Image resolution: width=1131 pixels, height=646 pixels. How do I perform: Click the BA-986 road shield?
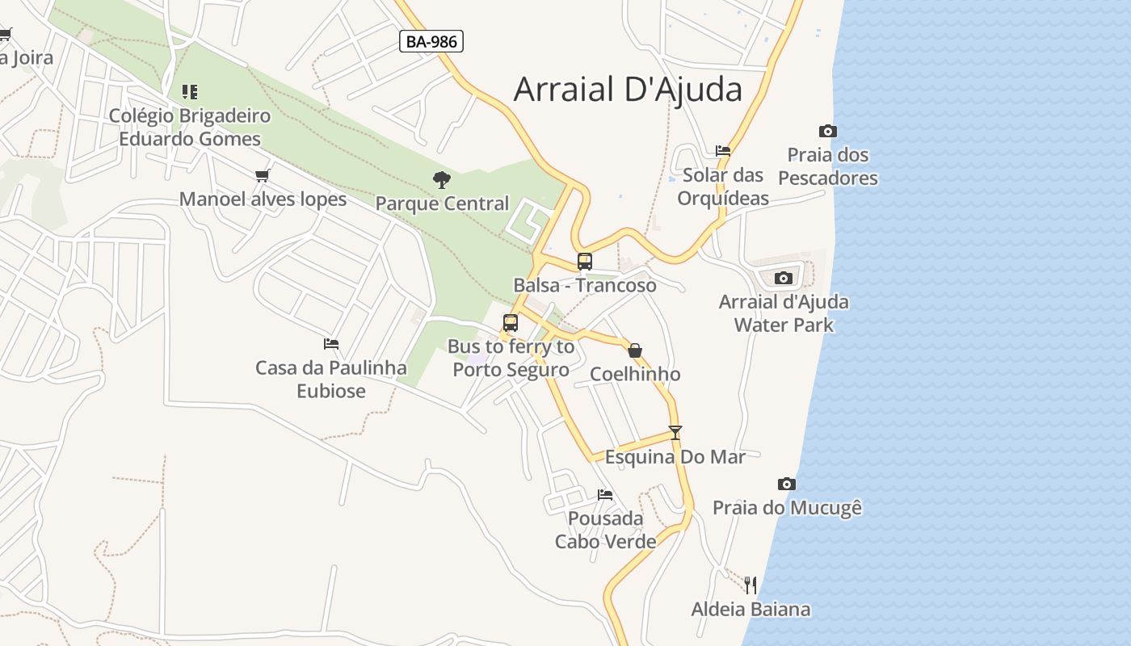click(431, 41)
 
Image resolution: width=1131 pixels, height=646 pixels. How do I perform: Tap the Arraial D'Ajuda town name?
click(628, 89)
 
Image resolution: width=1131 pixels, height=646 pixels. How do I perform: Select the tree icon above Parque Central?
click(441, 180)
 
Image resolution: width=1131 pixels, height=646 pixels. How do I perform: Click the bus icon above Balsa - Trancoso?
click(585, 262)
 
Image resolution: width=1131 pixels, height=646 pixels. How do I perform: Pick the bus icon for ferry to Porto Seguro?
click(511, 323)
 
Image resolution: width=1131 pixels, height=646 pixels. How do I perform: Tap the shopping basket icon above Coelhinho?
click(635, 350)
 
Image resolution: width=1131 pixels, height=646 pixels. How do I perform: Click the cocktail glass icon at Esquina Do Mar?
click(675, 433)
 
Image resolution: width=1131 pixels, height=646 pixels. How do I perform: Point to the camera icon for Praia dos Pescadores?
click(828, 132)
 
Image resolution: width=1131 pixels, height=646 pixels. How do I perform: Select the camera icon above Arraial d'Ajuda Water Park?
click(784, 279)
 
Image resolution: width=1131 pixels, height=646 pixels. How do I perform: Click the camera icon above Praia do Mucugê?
click(787, 484)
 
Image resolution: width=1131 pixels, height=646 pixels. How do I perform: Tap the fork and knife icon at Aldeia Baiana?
click(750, 585)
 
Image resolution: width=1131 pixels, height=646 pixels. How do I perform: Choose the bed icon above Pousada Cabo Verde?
click(605, 495)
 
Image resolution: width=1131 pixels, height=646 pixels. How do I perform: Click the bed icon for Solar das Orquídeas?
click(723, 151)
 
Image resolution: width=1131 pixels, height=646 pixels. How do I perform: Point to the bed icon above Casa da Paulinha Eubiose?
click(331, 344)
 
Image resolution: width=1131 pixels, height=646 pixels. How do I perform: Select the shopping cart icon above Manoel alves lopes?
click(262, 175)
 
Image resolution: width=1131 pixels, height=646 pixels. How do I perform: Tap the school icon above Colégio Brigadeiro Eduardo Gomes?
click(190, 92)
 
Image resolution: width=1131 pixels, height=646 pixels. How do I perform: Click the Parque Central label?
click(442, 203)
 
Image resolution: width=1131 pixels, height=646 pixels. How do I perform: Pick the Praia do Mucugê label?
click(787, 508)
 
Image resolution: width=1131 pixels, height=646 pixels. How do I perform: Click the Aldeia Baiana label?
click(750, 610)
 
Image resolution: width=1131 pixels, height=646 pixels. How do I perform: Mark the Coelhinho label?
click(635, 374)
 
